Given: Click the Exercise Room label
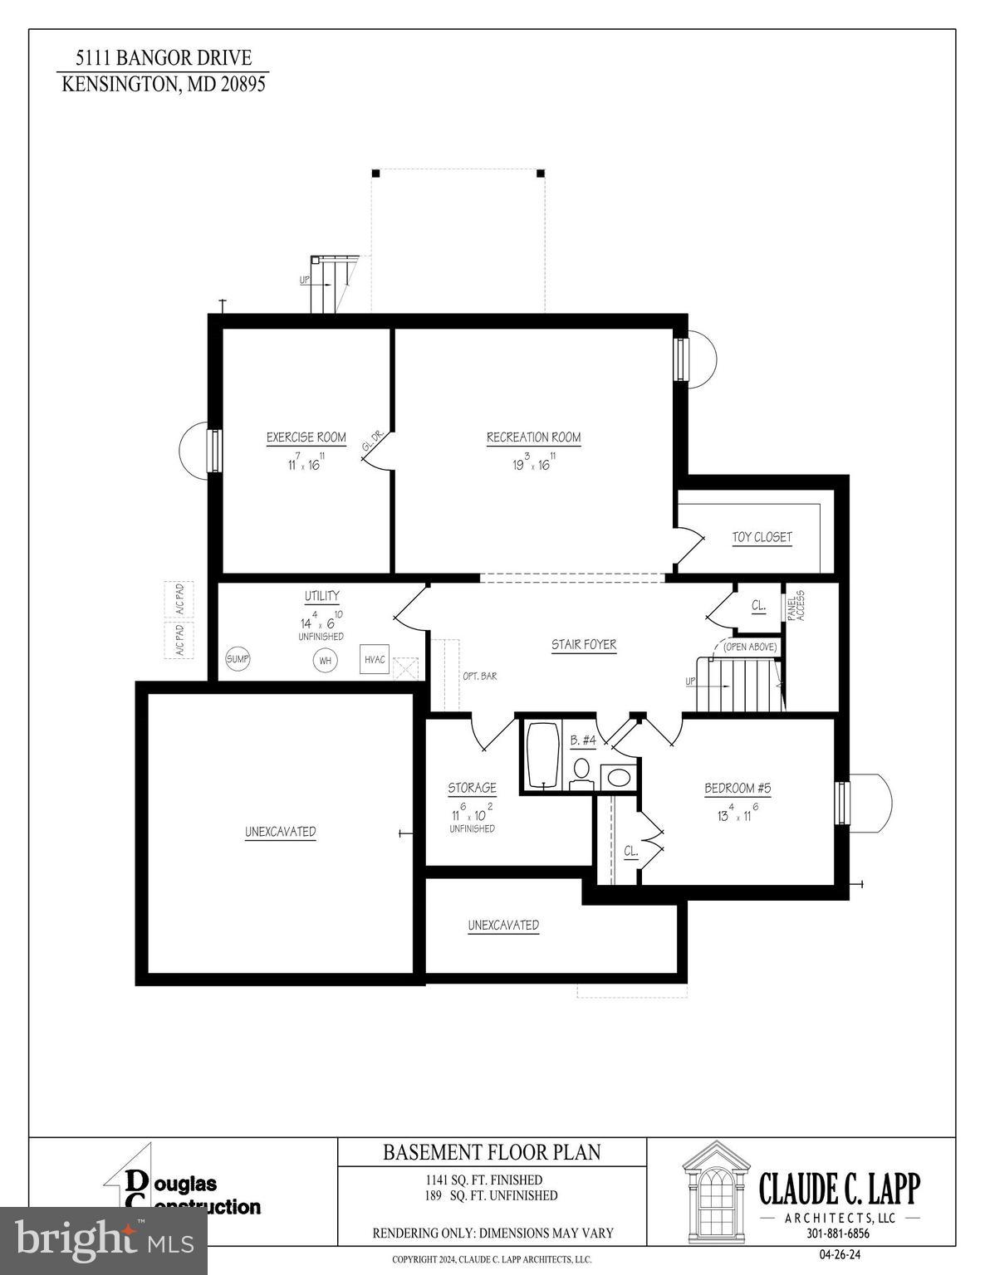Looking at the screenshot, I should (306, 437).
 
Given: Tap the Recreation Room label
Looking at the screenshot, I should (533, 437).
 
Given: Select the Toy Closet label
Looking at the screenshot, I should (762, 537).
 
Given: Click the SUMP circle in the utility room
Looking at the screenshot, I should (238, 659).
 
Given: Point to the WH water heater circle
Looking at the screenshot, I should (325, 661).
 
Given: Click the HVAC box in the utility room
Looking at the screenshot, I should (375, 659).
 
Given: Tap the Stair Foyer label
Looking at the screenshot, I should (584, 645).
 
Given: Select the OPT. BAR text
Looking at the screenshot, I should (479, 677).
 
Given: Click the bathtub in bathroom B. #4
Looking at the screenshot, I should (544, 755).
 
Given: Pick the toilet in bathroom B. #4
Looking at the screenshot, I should (581, 769).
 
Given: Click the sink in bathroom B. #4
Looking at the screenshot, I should (616, 778).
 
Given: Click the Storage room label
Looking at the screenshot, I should (472, 788).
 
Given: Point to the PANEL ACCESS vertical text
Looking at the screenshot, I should (795, 607).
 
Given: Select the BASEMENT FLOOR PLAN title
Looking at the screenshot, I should (491, 1152).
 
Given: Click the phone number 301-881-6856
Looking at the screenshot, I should (838, 1233).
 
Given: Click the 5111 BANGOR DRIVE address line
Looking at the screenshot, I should (163, 59).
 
